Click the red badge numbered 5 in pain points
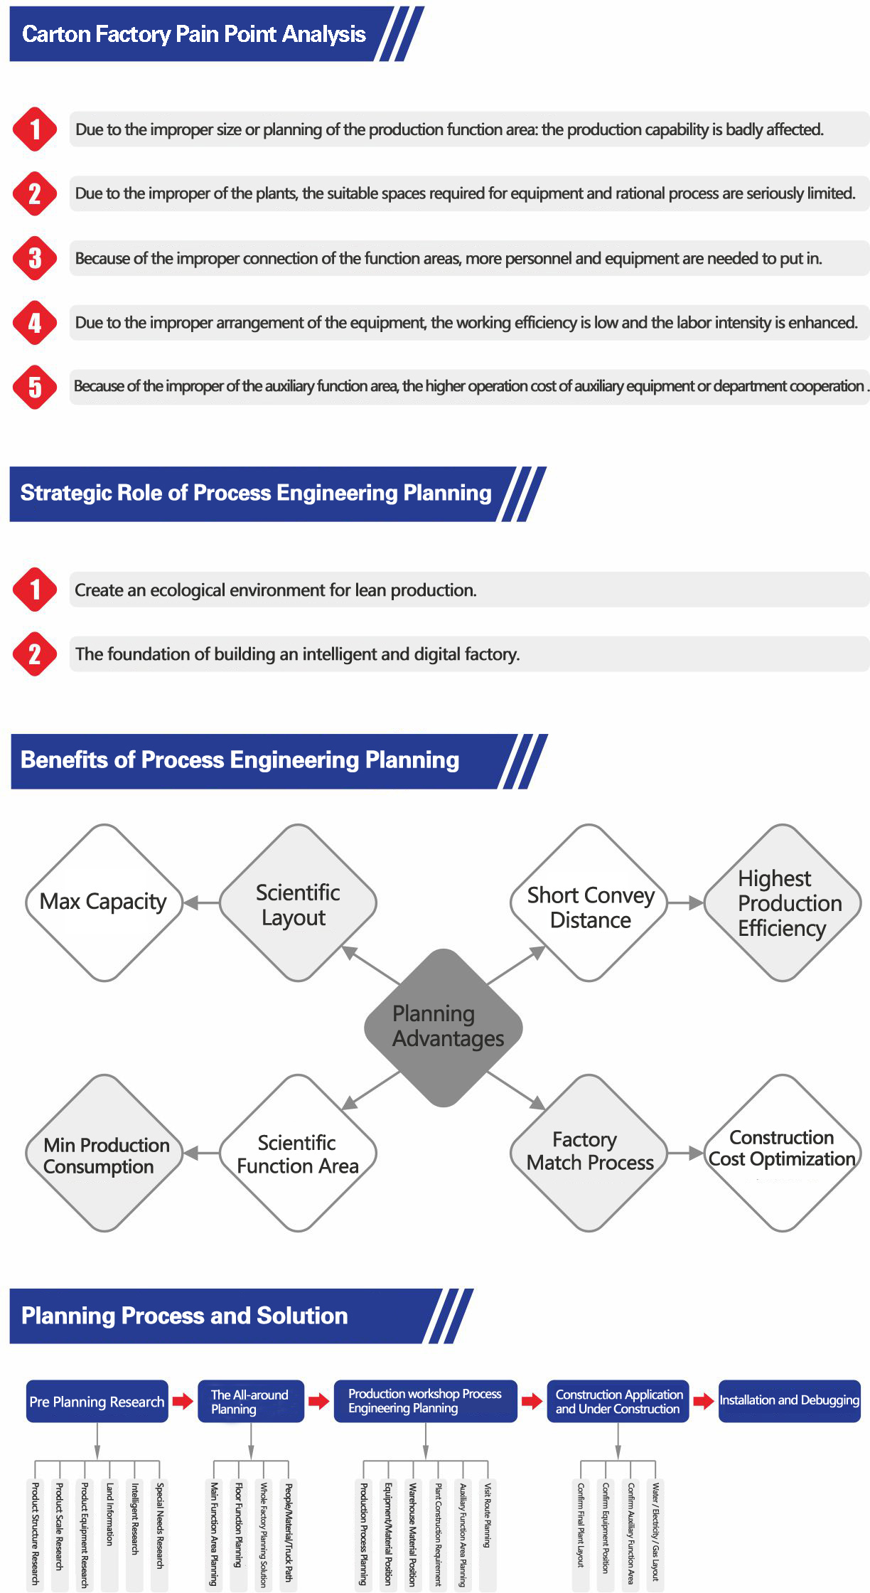(x=35, y=387)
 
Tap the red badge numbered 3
(x=35, y=258)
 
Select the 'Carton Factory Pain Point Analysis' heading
(x=194, y=34)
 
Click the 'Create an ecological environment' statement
(x=276, y=590)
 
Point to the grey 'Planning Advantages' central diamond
(x=444, y=1027)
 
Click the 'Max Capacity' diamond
(x=104, y=902)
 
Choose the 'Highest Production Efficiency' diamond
(x=782, y=903)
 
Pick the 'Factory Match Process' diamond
(x=589, y=1151)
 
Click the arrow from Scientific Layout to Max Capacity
(x=202, y=903)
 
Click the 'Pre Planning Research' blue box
(x=97, y=1402)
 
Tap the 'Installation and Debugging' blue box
(x=789, y=1400)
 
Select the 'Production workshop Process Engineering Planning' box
(x=425, y=1401)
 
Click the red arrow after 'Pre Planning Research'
(x=183, y=1401)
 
